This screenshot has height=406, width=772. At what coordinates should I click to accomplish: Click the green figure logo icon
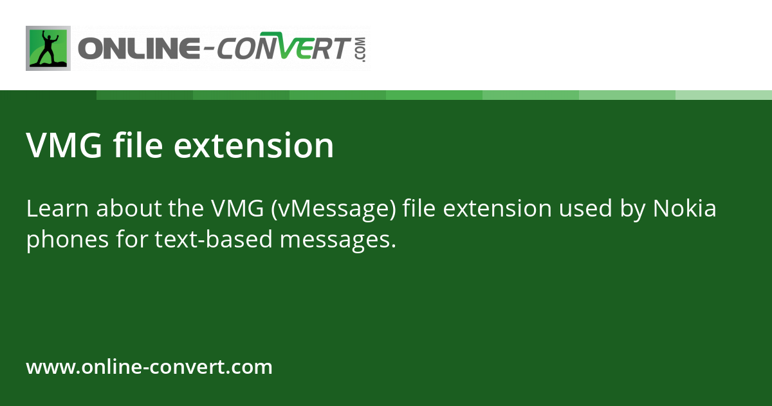click(48, 48)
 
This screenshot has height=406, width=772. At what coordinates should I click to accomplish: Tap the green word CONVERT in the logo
click(283, 50)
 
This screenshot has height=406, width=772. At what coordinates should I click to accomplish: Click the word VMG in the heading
click(64, 146)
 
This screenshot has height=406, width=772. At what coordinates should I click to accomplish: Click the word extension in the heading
click(254, 146)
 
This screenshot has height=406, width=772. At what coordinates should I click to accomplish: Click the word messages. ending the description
click(341, 240)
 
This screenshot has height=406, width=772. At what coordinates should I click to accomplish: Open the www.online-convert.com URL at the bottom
click(149, 367)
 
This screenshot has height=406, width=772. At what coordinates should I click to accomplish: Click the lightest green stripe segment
click(724, 95)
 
